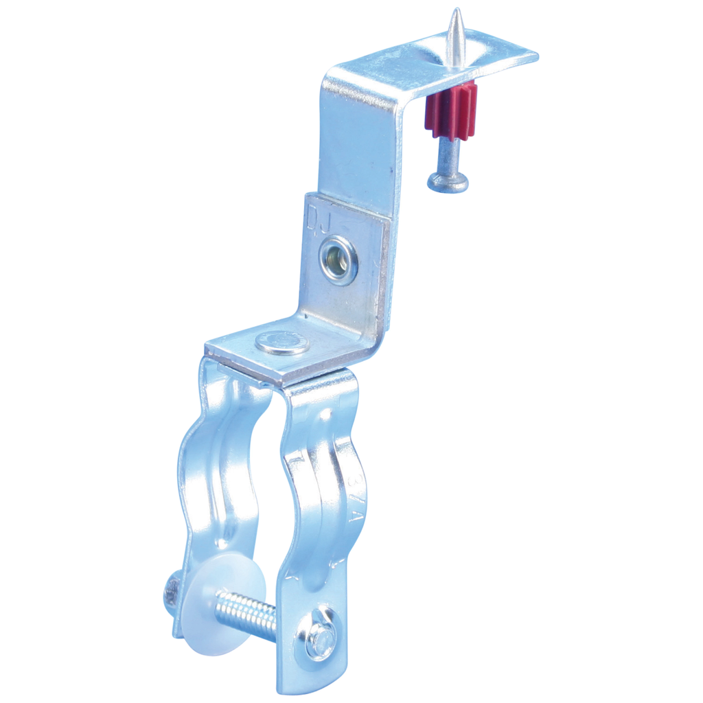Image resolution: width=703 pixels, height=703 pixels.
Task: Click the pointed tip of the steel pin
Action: coord(455,12)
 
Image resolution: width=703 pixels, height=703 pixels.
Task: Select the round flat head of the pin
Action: coord(448,182)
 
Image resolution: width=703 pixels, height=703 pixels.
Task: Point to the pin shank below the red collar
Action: coord(446,155)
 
